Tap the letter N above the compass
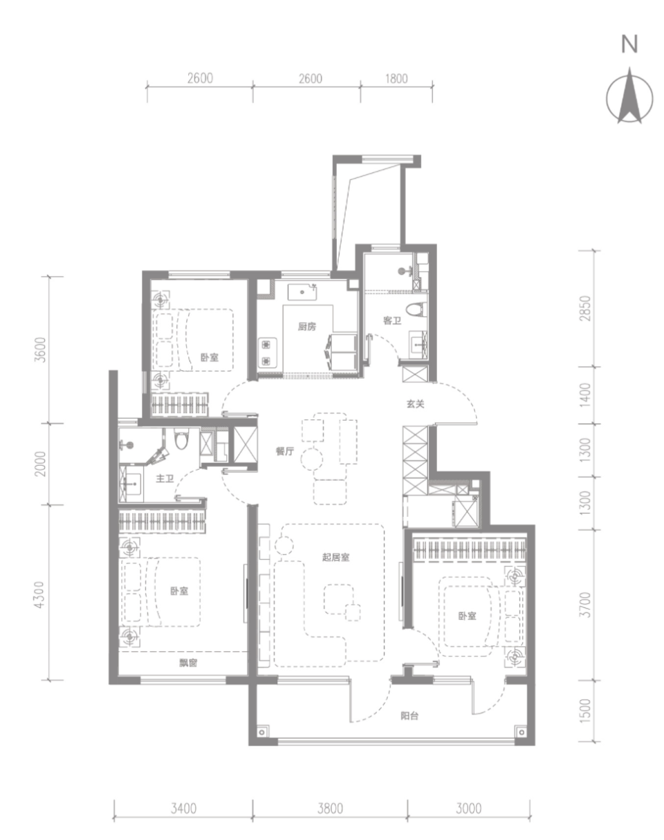tap(629, 44)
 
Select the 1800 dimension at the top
tap(396, 79)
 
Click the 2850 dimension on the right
tap(585, 309)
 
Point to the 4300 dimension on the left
tap(39, 594)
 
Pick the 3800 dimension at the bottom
tap(330, 808)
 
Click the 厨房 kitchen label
tap(307, 327)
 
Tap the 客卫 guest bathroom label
tap(392, 320)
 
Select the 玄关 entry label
tap(415, 403)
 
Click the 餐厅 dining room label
tap(285, 451)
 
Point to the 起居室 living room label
tap(335, 557)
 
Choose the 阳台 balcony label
tap(409, 716)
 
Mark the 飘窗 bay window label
tap(188, 663)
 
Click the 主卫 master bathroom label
tap(165, 479)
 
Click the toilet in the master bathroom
tap(181, 439)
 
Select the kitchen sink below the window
tap(302, 292)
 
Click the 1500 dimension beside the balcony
tap(585, 711)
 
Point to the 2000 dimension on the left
tap(40, 464)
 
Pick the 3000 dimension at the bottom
tap(468, 808)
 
